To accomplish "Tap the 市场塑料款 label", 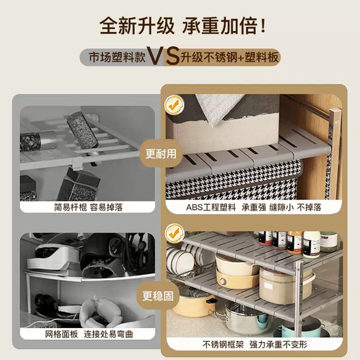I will click(120, 57).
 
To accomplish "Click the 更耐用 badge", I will click(161, 154).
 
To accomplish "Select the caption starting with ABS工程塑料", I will click(252, 206).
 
